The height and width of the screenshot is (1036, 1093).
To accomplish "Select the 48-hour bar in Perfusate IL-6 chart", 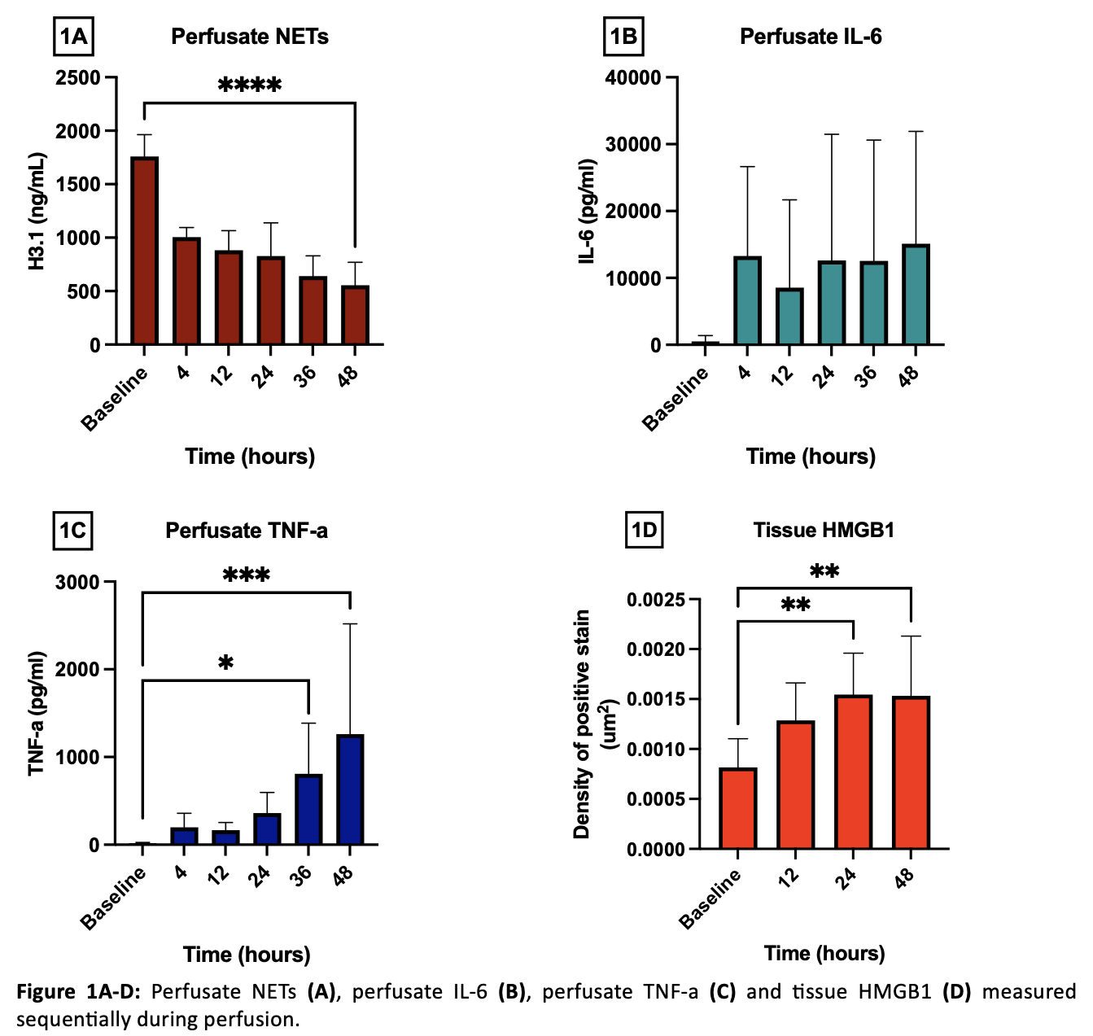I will coord(916,295).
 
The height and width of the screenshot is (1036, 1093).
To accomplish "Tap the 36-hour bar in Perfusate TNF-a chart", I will coord(308,809).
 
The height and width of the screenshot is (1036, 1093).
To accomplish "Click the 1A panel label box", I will coord(73,37).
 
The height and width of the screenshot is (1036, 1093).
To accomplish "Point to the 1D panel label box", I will coord(644,530).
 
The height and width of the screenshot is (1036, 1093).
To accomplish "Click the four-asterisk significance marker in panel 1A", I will coord(250,85).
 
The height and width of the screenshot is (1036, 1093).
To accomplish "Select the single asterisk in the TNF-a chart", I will coord(226,663).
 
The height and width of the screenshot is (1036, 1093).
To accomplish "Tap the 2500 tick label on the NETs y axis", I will coord(78,78).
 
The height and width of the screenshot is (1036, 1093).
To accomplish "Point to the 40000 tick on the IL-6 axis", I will coord(633,78).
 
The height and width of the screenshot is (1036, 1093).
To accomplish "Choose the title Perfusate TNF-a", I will coord(247,531).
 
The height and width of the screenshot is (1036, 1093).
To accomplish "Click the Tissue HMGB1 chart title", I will coord(824,530).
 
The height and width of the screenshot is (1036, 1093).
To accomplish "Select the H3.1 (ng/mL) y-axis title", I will coord(37,211).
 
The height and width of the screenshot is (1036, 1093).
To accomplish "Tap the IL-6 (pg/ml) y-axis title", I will coord(588,211).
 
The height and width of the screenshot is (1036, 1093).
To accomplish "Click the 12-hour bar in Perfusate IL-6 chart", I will coord(789,317).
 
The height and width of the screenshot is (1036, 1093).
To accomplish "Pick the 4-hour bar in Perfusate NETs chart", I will coord(186,291).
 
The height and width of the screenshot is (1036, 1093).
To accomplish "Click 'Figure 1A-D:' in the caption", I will coord(78,991).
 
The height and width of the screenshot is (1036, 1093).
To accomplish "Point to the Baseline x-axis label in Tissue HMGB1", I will coord(711,898).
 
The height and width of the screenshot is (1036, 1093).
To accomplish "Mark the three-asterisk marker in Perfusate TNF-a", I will coord(247,575).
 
